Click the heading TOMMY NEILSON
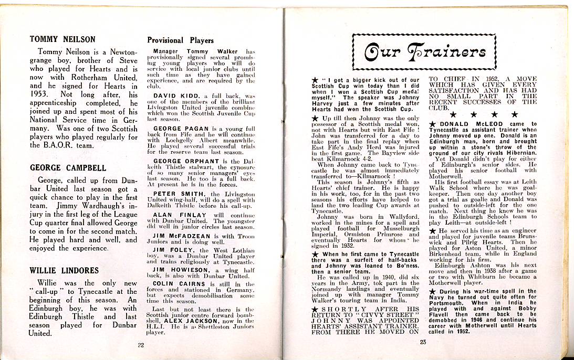[62, 39]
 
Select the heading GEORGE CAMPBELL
[68, 168]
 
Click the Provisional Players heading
[180, 40]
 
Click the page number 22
[140, 345]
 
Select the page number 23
[423, 343]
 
